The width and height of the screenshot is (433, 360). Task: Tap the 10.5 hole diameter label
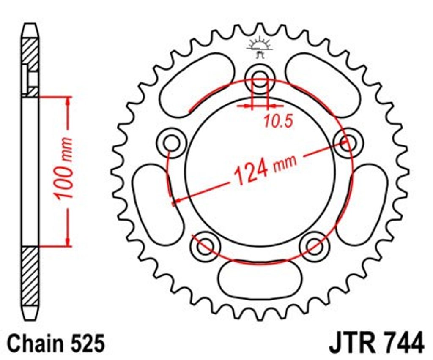(278, 121)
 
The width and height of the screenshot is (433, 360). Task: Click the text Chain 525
(56, 343)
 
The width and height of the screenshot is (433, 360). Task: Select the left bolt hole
(172, 143)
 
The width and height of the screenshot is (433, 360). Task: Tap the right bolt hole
(348, 143)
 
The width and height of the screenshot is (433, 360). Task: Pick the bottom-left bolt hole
(206, 245)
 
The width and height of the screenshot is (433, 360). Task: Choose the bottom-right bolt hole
(314, 245)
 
